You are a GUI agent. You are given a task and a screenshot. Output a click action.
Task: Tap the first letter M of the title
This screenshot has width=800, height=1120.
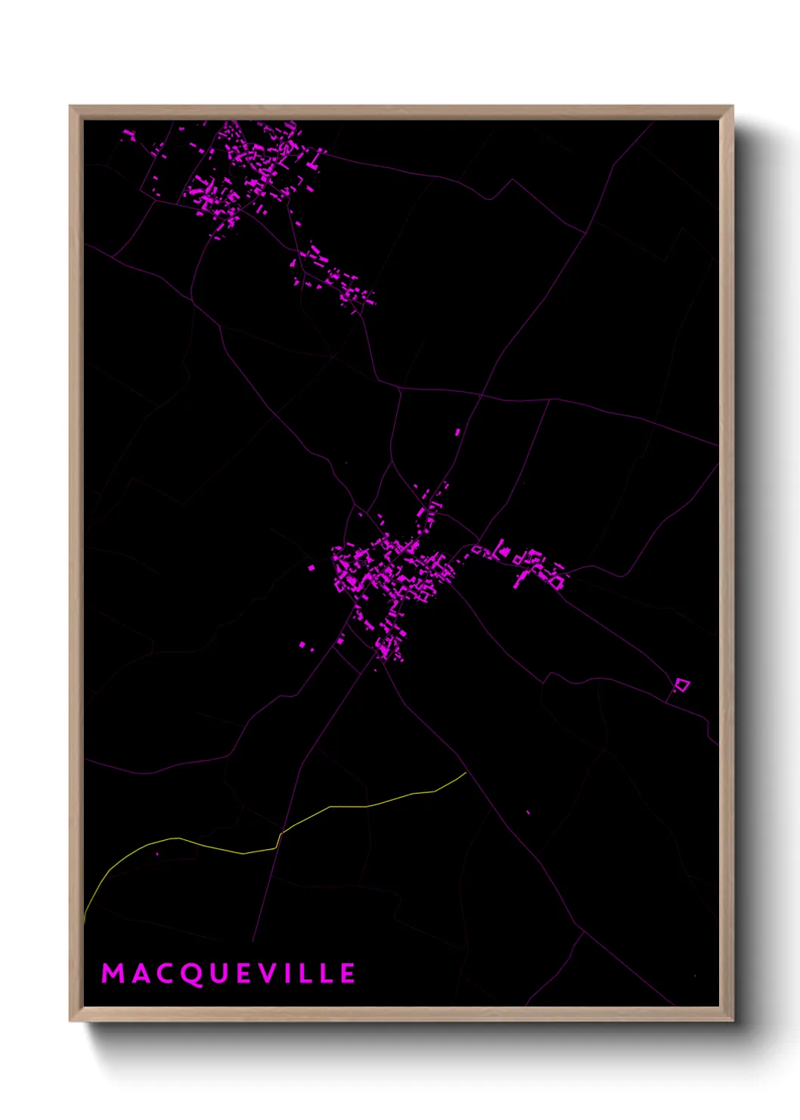pyautogui.click(x=113, y=973)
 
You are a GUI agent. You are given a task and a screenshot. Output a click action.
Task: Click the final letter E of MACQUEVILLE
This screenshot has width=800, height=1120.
pyautogui.click(x=347, y=973)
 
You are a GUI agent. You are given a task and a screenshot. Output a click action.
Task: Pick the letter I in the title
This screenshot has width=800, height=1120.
pyautogui.click(x=296, y=973)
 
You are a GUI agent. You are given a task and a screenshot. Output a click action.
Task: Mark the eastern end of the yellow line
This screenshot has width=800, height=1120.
pyautogui.click(x=466, y=773)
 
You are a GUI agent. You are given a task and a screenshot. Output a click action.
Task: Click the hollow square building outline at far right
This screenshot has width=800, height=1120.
pyautogui.click(x=682, y=686)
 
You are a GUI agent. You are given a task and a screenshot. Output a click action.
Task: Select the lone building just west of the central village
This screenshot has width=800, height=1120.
pyautogui.click(x=311, y=567)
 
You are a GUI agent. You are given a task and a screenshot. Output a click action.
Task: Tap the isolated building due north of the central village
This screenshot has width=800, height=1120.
pyautogui.click(x=457, y=432)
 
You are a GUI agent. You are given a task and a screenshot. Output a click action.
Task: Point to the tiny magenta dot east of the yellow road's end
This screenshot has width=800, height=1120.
pyautogui.click(x=528, y=813)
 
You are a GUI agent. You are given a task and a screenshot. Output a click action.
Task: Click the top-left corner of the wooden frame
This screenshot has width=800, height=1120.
pyautogui.click(x=71, y=107)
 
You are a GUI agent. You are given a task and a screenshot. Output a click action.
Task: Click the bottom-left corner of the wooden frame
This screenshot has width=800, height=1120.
pyautogui.click(x=71, y=1020)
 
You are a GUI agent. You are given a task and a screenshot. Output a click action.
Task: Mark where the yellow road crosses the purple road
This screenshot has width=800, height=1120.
pyautogui.click(x=279, y=835)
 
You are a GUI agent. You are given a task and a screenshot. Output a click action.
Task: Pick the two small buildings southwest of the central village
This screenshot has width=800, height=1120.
pyautogui.click(x=305, y=646)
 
